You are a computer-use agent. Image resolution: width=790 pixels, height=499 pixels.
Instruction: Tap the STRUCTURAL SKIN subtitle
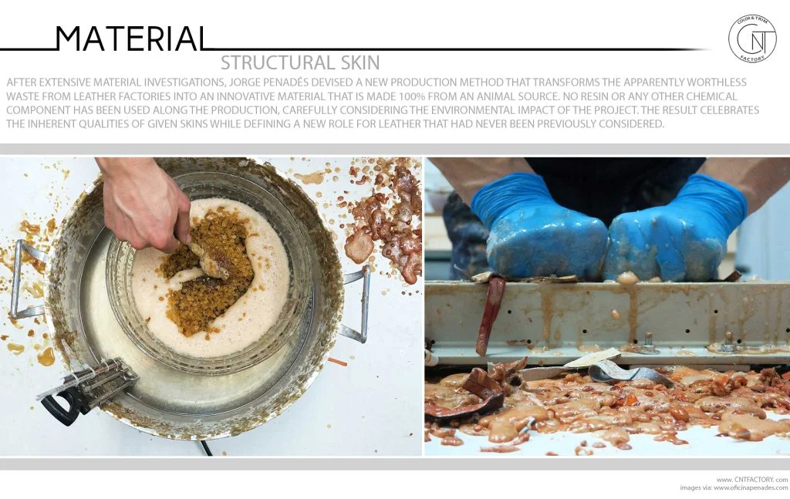coord(300,62)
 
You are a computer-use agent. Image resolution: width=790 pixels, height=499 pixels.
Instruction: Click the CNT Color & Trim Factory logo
coord(751,38)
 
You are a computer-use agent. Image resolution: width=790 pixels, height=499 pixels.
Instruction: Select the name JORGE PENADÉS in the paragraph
coord(372,82)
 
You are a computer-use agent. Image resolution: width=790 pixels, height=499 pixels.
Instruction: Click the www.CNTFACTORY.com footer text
coord(751,478)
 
